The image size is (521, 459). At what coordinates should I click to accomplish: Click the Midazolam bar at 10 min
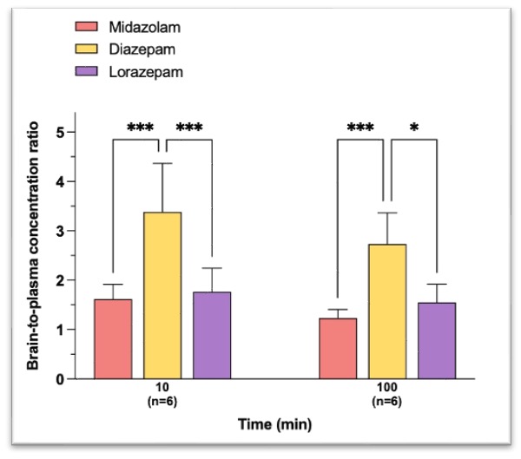click(113, 339)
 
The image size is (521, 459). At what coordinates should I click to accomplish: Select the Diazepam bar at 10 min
click(162, 296)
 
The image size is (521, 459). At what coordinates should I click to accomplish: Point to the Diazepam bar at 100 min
click(387, 311)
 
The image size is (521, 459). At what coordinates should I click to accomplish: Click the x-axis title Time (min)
click(275, 424)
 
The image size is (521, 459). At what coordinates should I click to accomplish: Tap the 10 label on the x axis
click(162, 388)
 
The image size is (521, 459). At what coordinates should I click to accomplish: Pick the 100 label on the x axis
click(387, 388)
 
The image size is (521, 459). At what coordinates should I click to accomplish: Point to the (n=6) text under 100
click(387, 401)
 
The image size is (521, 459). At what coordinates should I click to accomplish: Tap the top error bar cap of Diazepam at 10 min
click(162, 163)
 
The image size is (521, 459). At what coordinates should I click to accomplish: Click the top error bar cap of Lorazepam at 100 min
click(437, 285)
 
